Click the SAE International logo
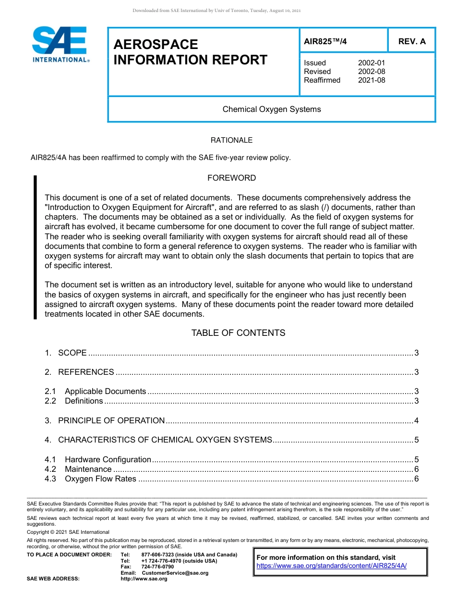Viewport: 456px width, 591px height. pos(60,45)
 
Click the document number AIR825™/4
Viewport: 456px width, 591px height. pos(325,41)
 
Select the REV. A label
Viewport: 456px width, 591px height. pos(411,41)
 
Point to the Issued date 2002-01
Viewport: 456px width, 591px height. pos(371,63)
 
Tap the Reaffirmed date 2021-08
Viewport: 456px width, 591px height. pos(371,80)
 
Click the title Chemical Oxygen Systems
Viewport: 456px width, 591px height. pos(272,109)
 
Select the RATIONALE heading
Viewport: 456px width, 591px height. pos(231,140)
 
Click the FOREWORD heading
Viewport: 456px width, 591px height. pos(231,178)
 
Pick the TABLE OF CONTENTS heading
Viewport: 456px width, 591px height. pos(238,333)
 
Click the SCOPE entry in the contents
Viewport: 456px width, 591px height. pos(72,353)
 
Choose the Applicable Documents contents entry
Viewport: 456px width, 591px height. pos(105,391)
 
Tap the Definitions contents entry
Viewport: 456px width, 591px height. pos(84,401)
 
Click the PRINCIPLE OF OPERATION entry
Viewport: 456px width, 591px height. pos(111,420)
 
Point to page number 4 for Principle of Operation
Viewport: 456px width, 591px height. pos(416,421)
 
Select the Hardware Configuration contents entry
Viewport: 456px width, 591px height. pos(108,459)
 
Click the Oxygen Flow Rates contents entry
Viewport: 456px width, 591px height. pos(100,479)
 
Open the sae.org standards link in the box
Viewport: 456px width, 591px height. pos(331,566)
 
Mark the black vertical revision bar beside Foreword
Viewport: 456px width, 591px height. pos(35,247)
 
